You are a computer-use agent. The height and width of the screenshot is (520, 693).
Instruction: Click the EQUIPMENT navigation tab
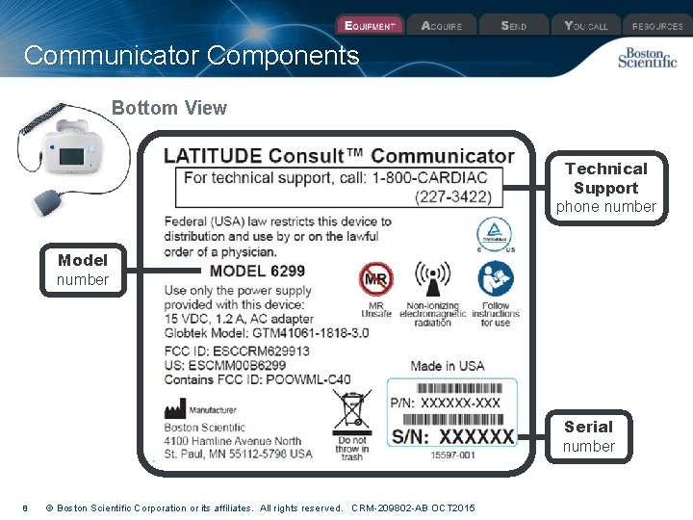click(369, 26)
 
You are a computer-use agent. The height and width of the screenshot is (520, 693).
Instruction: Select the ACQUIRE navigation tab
click(442, 26)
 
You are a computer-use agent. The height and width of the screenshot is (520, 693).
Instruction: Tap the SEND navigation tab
click(513, 26)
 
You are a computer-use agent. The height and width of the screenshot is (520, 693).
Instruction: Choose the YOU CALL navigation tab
click(586, 26)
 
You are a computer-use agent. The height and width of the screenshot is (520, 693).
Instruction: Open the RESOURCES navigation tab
click(657, 26)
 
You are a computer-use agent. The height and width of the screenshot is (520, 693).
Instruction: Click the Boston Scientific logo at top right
click(647, 58)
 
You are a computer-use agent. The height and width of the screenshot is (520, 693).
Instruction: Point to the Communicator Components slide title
click(192, 56)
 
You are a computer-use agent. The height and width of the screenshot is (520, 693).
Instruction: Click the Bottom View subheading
click(169, 108)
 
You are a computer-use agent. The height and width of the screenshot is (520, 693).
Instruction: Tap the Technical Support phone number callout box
click(605, 188)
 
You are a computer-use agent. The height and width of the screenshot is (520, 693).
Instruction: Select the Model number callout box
click(83, 270)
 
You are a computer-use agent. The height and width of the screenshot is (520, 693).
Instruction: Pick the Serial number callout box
click(588, 435)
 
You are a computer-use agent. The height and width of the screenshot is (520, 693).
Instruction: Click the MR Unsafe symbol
click(375, 279)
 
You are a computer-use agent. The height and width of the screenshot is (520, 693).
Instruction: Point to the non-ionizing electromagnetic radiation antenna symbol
click(431, 279)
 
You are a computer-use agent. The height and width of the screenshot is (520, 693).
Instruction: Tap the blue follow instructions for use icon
click(496, 279)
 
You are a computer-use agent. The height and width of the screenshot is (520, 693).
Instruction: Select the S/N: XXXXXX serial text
click(452, 436)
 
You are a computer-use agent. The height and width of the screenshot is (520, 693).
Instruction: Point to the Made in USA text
click(447, 366)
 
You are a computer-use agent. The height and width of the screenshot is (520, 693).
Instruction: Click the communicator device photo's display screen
click(72, 156)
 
